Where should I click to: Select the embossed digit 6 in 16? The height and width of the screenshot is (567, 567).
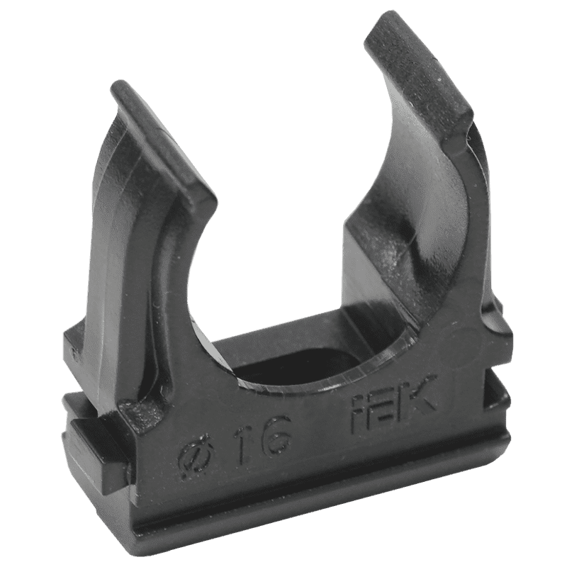click(275, 430)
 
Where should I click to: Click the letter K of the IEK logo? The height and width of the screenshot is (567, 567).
click(417, 394)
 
